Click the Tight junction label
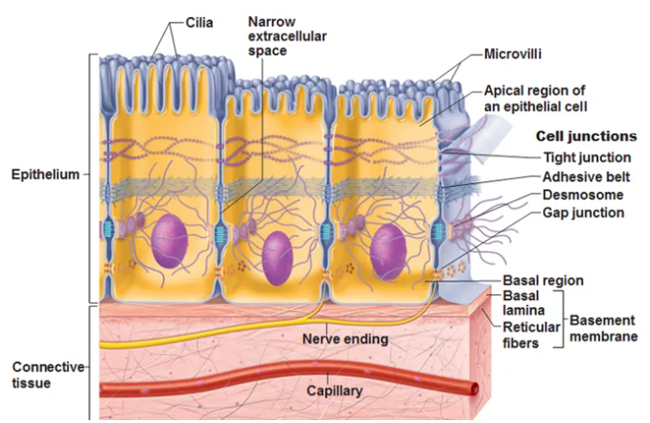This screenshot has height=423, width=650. pyautogui.click(x=587, y=157)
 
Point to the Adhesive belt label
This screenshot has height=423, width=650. pyautogui.click(x=585, y=176)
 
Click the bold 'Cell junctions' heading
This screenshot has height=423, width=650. pyautogui.click(x=586, y=136)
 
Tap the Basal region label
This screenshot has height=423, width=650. pyautogui.click(x=544, y=281)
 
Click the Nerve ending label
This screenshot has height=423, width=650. pyautogui.click(x=344, y=339)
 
